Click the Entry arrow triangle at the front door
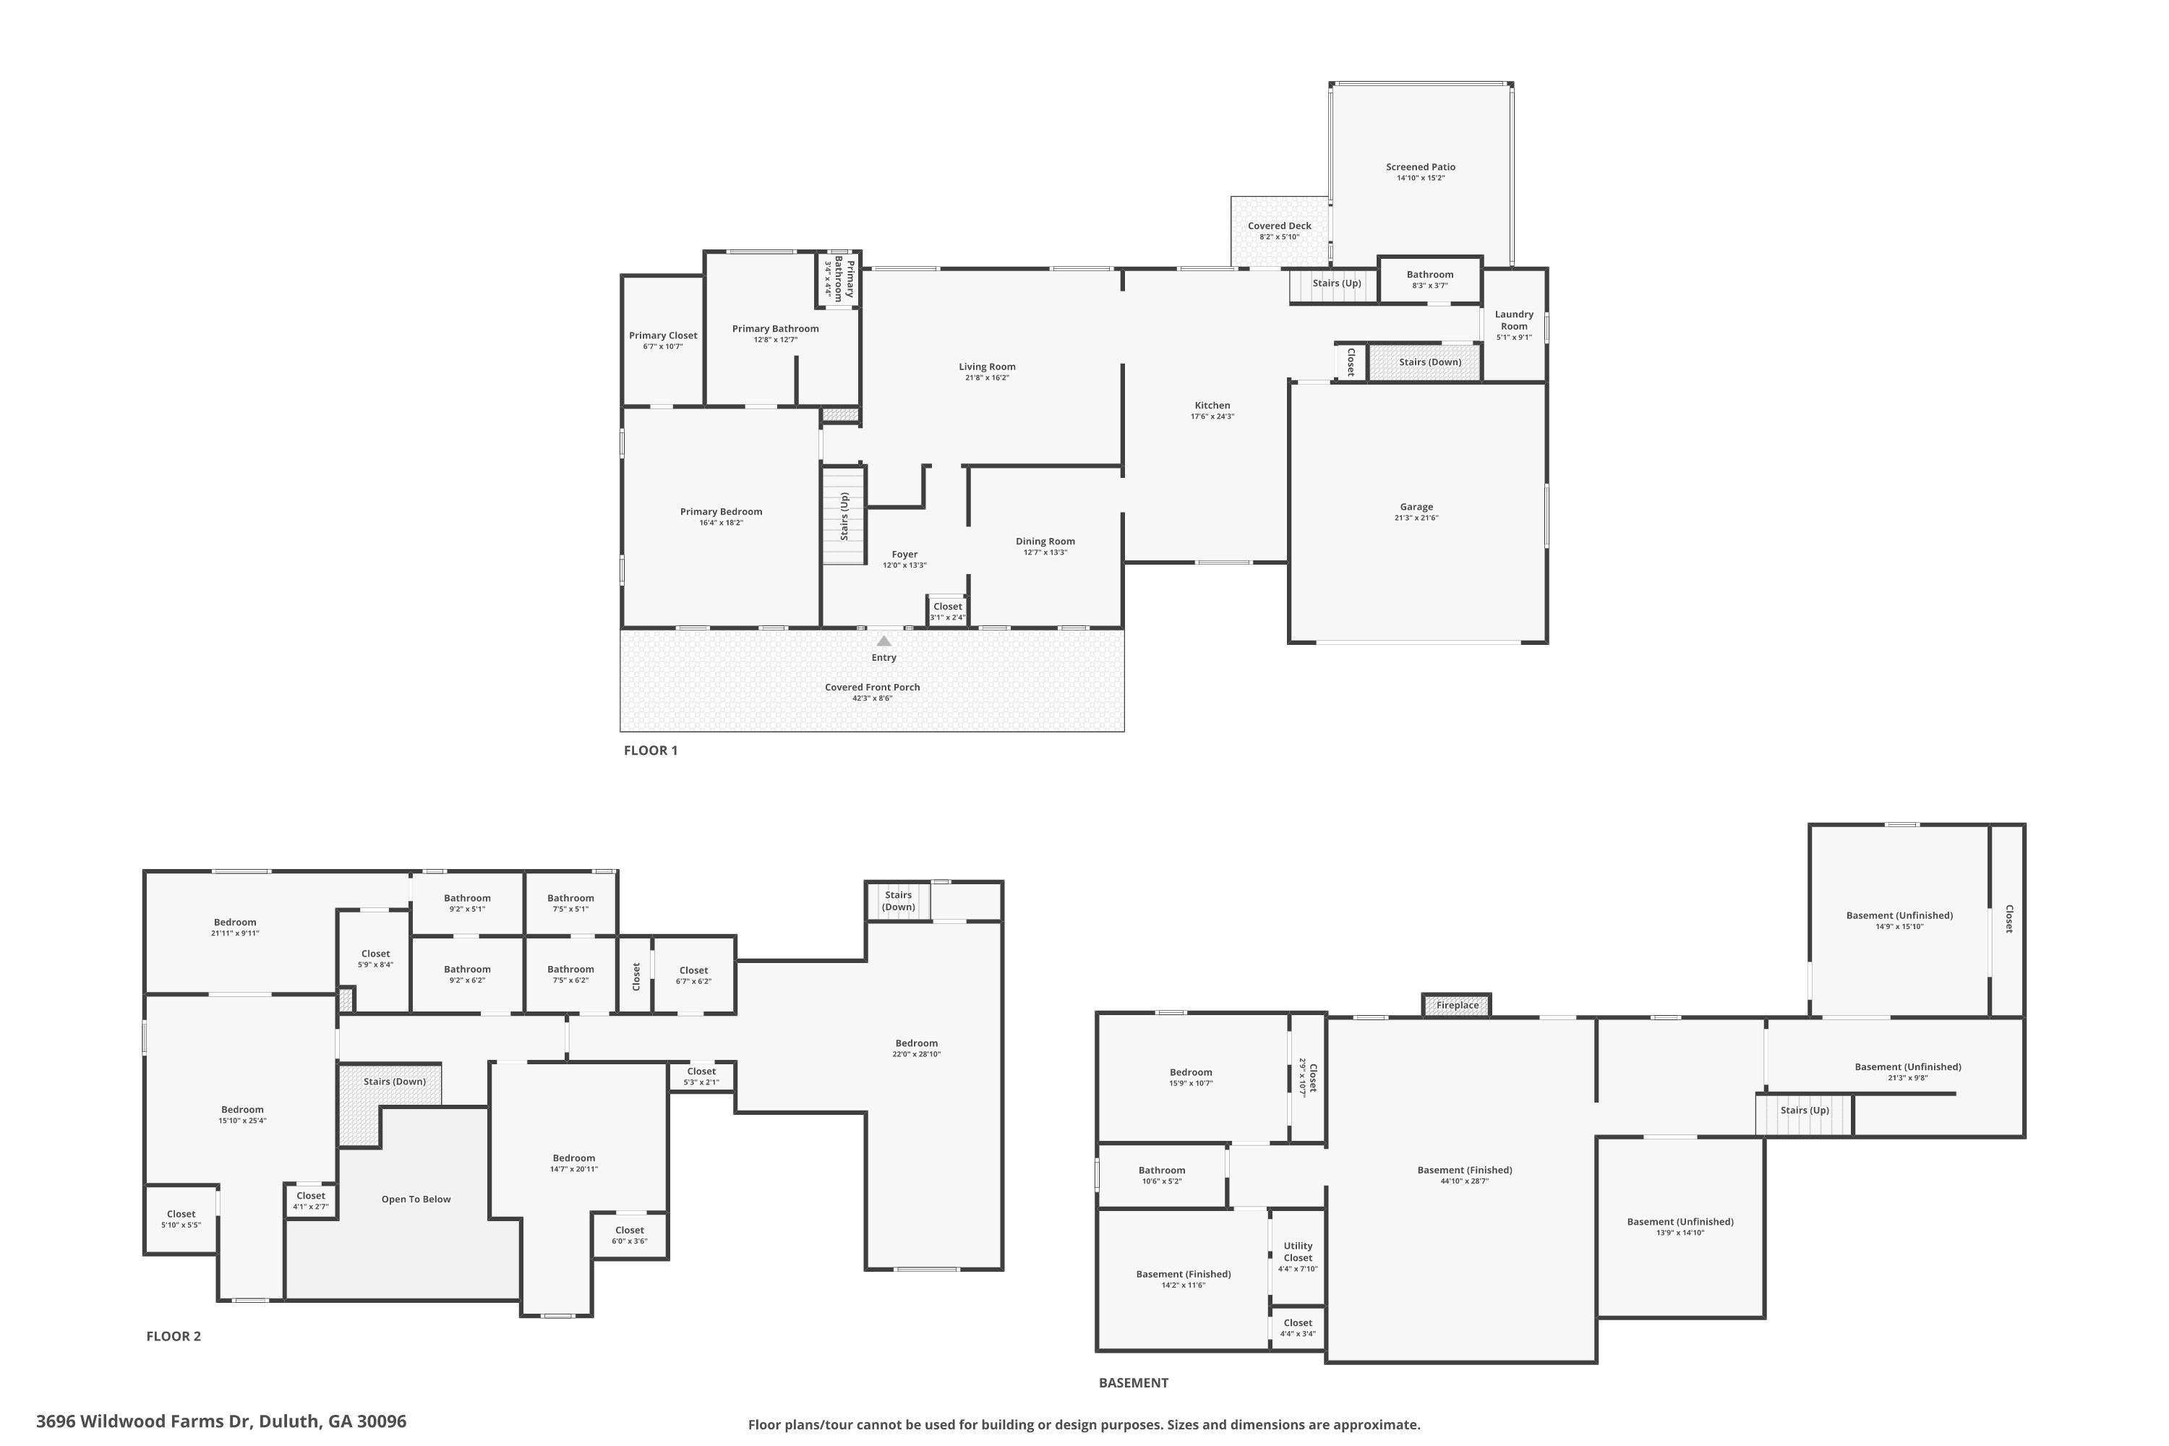click(884, 641)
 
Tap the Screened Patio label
click(1420, 167)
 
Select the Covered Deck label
click(1279, 226)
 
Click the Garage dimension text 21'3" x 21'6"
click(1416, 518)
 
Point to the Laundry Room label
click(1514, 320)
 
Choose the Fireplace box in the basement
click(1457, 1005)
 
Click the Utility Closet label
click(1298, 1252)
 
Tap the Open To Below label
click(416, 1199)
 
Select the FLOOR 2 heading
click(174, 1335)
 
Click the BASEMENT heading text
click(1134, 1382)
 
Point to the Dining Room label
click(1045, 542)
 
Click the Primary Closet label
click(663, 335)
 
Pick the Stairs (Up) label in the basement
click(1805, 1111)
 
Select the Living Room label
click(987, 366)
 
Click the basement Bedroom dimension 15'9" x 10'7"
click(1191, 1084)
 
